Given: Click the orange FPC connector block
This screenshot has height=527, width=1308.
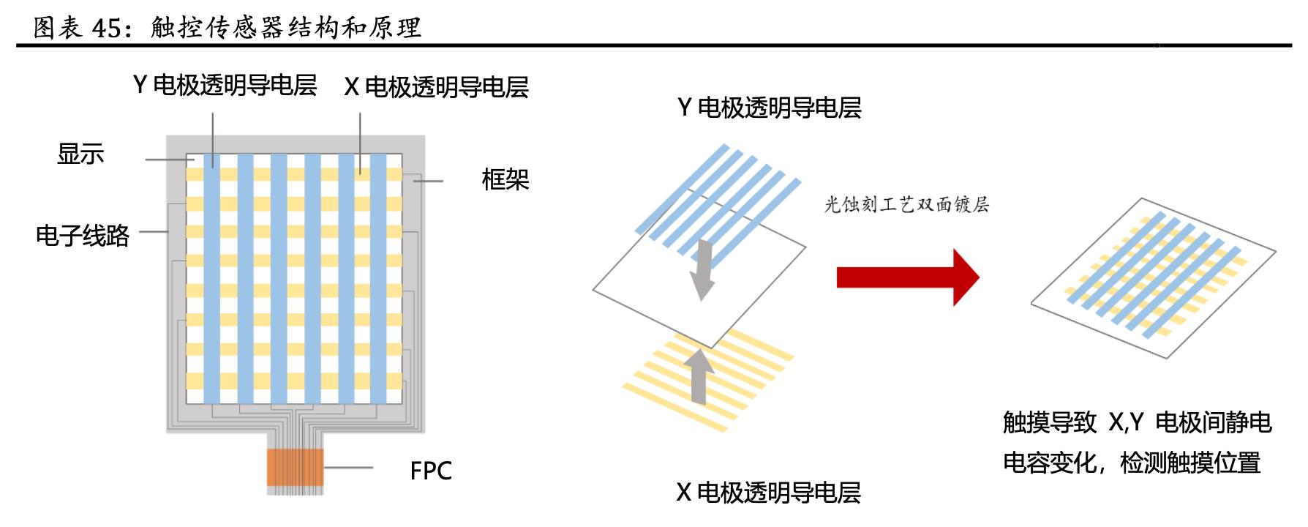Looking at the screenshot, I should tap(295, 468).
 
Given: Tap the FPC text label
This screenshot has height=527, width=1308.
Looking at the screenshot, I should tap(431, 471).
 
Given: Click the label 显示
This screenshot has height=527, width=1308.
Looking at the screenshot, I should tap(80, 154).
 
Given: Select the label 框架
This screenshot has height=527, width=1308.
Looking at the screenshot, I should tap(505, 179).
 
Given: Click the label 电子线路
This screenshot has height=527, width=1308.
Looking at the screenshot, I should tap(83, 236).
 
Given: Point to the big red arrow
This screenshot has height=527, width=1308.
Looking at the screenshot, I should tap(907, 277).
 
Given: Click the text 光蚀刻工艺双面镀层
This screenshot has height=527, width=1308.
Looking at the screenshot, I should tap(906, 204).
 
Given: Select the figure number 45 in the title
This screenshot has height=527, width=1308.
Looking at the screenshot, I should tap(107, 28).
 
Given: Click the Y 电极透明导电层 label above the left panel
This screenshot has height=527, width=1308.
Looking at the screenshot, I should tap(225, 86).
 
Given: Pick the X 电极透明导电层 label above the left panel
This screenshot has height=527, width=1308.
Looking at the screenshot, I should tap(436, 87).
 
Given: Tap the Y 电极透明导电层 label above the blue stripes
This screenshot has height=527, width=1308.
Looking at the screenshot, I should tap(769, 108).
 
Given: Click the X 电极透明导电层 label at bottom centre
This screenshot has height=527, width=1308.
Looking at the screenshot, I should tap(768, 493).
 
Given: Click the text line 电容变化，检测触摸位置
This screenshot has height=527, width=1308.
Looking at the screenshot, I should tap(1132, 463).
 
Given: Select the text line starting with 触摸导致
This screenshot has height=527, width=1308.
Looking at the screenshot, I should tap(1137, 422).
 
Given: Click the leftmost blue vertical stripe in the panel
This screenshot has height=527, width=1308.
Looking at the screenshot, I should tap(212, 278).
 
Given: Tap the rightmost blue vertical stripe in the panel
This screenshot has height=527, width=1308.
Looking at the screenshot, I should tap(378, 278).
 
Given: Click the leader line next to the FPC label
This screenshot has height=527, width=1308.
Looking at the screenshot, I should tap(348, 467).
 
